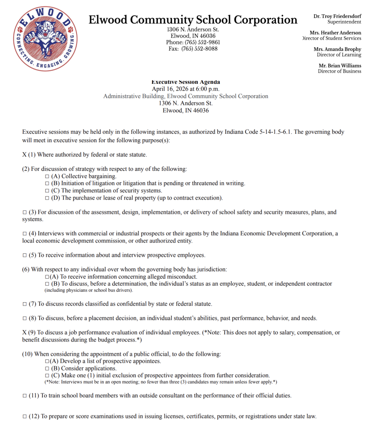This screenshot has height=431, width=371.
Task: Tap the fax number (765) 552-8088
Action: [x=199, y=49]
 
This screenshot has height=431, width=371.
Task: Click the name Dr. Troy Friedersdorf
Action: [x=337, y=16]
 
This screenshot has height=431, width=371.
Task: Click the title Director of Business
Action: [x=339, y=71]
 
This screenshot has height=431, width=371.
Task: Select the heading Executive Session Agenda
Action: [x=185, y=82]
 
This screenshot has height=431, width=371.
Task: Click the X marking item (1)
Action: [x=24, y=155]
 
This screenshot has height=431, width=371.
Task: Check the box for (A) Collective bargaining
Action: [x=47, y=176]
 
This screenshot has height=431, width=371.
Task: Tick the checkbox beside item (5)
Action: [x=24, y=255]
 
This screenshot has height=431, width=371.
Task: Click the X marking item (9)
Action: [x=24, y=333]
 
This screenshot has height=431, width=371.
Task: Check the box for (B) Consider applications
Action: [x=47, y=368]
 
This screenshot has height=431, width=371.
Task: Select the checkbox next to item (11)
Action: [x=24, y=396]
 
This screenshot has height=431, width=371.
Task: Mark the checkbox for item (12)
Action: [x=24, y=417]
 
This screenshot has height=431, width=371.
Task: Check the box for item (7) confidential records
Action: [x=24, y=304]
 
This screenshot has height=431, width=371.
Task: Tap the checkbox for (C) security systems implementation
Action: [x=47, y=191]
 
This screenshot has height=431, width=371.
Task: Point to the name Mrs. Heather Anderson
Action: [x=335, y=33]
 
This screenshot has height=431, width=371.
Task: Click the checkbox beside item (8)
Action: [x=24, y=318]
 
